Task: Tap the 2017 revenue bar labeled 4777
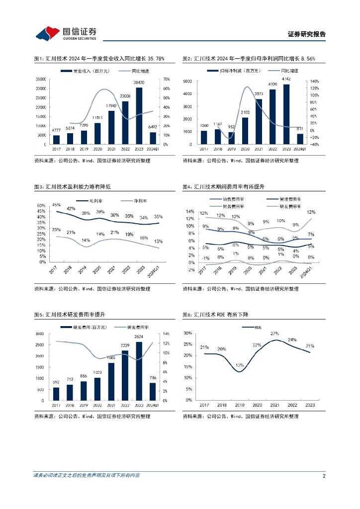56,140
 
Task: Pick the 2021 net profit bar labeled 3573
259,121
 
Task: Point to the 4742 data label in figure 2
286,79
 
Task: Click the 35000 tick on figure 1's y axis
41,79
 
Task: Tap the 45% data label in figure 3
56,205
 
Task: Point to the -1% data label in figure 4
205,258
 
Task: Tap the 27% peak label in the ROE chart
274,334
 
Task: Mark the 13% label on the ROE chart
240,366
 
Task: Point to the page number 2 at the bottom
324,476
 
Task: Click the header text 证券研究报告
307,34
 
